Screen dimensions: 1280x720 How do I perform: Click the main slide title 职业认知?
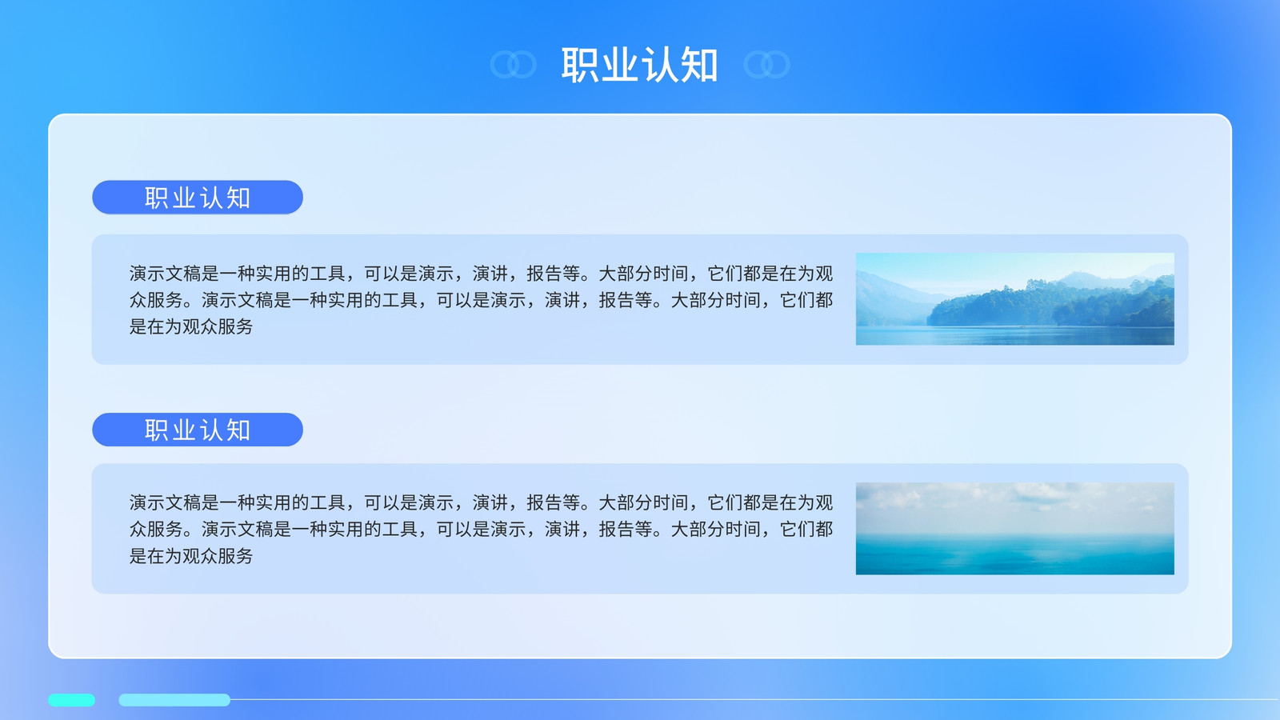639,65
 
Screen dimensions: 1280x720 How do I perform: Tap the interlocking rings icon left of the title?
513,65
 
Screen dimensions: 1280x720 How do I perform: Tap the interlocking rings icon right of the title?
767,65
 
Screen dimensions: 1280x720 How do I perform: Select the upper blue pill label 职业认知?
198,198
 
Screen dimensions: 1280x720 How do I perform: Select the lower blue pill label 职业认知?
198,430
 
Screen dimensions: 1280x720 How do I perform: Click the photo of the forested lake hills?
1015,299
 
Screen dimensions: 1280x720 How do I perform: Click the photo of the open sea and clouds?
1015,529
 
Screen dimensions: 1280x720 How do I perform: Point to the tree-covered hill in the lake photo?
1051,303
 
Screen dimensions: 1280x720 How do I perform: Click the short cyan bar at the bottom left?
71,700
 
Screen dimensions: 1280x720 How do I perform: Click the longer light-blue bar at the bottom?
174,700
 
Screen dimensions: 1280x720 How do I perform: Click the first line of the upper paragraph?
481,274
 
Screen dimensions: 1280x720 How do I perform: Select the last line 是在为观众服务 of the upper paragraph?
191,327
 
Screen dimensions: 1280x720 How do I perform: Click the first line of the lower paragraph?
481,503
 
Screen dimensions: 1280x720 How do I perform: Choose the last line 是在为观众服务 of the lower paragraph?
191,556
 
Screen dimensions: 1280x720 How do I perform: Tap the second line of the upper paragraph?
481,300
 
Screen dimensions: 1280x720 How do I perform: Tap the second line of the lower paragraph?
481,529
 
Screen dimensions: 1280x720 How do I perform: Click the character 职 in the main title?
580,65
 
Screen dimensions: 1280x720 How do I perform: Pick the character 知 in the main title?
699,65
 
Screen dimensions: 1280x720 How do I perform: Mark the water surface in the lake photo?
1015,336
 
